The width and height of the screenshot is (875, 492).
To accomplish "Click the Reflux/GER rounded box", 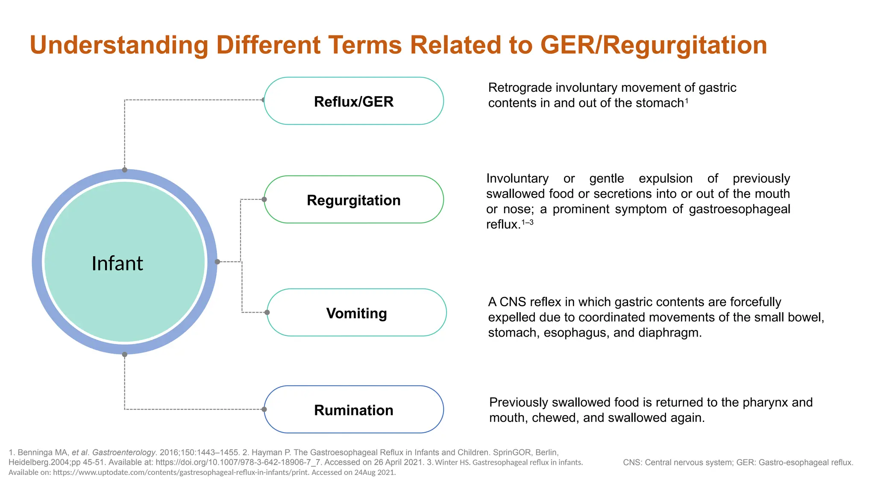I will click(353, 101).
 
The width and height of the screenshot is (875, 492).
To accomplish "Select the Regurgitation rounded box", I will click(353, 200).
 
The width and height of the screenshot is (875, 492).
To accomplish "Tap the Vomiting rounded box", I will click(356, 313).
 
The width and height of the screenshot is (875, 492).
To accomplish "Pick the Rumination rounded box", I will click(353, 410).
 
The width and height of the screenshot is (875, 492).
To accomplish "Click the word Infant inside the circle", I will click(117, 263).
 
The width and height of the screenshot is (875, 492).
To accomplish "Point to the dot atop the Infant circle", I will click(125, 170).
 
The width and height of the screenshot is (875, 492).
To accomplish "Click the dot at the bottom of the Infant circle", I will click(125, 354).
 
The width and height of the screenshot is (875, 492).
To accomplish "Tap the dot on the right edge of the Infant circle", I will click(217, 262).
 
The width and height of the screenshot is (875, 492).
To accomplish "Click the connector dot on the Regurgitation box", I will click(264, 199).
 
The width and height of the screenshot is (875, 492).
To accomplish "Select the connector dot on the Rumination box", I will click(264, 409).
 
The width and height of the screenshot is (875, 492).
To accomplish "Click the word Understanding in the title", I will click(119, 45).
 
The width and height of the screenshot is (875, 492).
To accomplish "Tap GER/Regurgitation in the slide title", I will click(654, 45).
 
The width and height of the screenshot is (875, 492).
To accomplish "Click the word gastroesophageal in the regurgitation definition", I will click(739, 209).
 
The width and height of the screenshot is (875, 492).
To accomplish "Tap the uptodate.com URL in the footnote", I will click(180, 472).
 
